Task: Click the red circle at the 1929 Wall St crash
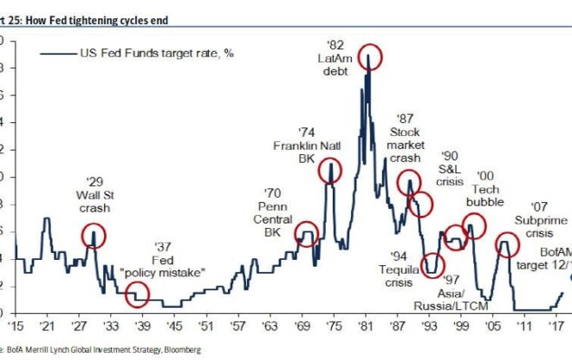(94, 235)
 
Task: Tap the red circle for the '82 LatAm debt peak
(370, 57)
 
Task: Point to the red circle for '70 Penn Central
(307, 232)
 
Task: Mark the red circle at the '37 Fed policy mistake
(137, 295)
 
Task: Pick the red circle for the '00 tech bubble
(473, 228)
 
